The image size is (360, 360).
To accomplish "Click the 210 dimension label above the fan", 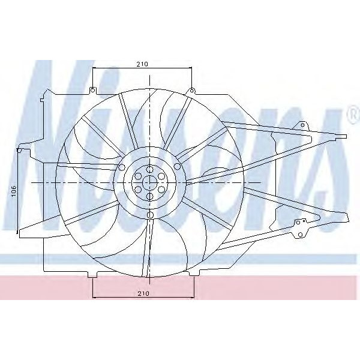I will pyautogui.click(x=142, y=63).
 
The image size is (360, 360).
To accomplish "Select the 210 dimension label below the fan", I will pyautogui.click(x=142, y=293).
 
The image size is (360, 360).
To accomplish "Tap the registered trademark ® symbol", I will pyautogui.click(x=351, y=114).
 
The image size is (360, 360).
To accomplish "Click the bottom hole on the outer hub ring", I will pyautogui.click(x=150, y=214).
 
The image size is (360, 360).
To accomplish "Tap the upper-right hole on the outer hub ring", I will pyautogui.click(x=177, y=166).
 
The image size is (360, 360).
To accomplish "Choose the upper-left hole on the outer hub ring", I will pyautogui.click(x=122, y=166).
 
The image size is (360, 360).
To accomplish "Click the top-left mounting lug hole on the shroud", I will pyautogui.click(x=92, y=91).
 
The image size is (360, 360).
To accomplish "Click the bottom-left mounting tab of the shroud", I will pyautogui.click(x=92, y=274).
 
